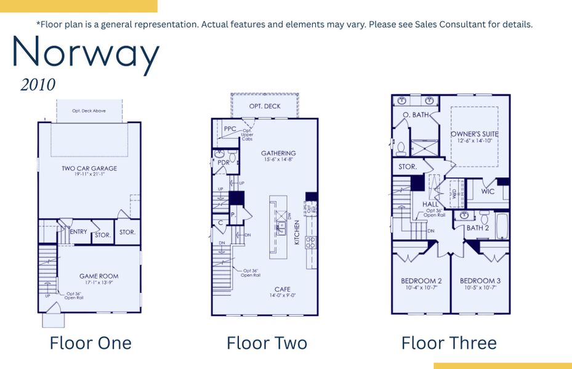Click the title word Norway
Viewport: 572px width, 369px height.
point(86,54)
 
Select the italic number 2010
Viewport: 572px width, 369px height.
point(38,85)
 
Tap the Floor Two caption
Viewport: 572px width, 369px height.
point(267,343)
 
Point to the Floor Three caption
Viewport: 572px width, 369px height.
point(449,343)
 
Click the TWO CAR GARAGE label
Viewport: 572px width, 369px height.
point(89,168)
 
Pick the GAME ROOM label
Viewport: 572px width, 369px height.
point(99,276)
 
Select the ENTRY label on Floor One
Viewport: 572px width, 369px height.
point(78,232)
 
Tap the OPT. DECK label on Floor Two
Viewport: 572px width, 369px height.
point(265,106)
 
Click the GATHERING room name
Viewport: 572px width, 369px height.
point(278,153)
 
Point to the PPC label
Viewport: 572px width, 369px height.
point(230,129)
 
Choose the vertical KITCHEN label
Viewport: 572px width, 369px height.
point(297,233)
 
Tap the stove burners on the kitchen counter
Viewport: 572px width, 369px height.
point(311,242)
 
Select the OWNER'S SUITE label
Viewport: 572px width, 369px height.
point(474,133)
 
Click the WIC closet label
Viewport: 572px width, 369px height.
point(488,191)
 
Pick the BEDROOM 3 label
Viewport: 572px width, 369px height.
point(480,281)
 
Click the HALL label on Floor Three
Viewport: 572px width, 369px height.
point(430,204)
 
